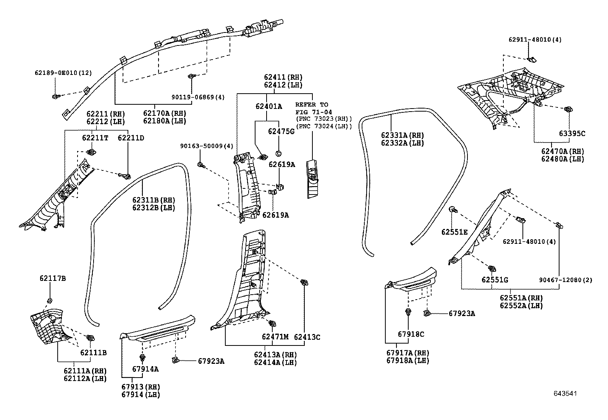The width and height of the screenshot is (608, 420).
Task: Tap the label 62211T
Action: pyautogui.click(x=95, y=138)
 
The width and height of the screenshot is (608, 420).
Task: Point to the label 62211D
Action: pyautogui.click(x=131, y=138)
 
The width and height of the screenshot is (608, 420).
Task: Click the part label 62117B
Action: pyautogui.click(x=52, y=279)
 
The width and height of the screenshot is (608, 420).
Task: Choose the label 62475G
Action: pyautogui.click(x=281, y=131)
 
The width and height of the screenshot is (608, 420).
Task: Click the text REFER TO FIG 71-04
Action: pyautogui.click(x=312, y=108)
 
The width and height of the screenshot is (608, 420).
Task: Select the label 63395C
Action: pyautogui.click(x=572, y=134)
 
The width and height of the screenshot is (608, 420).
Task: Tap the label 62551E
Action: pyautogui.click(x=454, y=232)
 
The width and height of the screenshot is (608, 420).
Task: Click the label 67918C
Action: pyautogui.click(x=411, y=334)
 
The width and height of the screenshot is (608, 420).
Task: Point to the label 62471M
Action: pyautogui.click(x=275, y=337)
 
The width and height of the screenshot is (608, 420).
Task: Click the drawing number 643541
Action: pyautogui.click(x=565, y=394)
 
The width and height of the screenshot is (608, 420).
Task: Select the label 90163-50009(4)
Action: pyautogui.click(x=207, y=146)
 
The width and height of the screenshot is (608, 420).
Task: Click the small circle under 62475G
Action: pyautogui.click(x=278, y=154)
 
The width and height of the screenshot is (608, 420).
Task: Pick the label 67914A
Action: pyautogui.click(x=145, y=369)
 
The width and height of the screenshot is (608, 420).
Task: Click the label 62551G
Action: pyautogui.click(x=495, y=280)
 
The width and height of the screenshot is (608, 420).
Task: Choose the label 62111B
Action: pyautogui.click(x=93, y=352)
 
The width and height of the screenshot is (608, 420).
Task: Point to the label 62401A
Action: pyautogui.click(x=269, y=106)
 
